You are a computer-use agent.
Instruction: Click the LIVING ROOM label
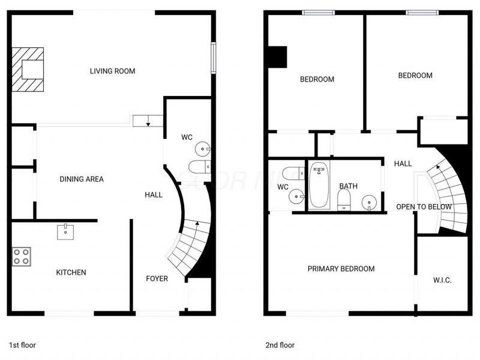point(112,71)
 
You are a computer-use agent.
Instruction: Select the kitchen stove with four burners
point(22,257)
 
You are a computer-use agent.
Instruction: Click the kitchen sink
point(65,231)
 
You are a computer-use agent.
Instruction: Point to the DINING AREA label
point(82,179)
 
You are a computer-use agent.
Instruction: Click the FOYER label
point(157,278)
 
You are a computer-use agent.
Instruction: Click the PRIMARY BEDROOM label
point(341,269)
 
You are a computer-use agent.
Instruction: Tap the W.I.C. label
point(442,280)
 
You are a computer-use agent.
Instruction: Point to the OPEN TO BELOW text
point(424,207)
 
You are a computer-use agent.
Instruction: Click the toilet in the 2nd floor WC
point(294,173)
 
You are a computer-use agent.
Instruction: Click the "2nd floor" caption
point(280,345)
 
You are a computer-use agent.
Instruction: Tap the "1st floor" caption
point(23,345)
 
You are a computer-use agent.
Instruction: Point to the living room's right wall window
point(213,58)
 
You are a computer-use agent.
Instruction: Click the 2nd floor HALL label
point(403,163)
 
